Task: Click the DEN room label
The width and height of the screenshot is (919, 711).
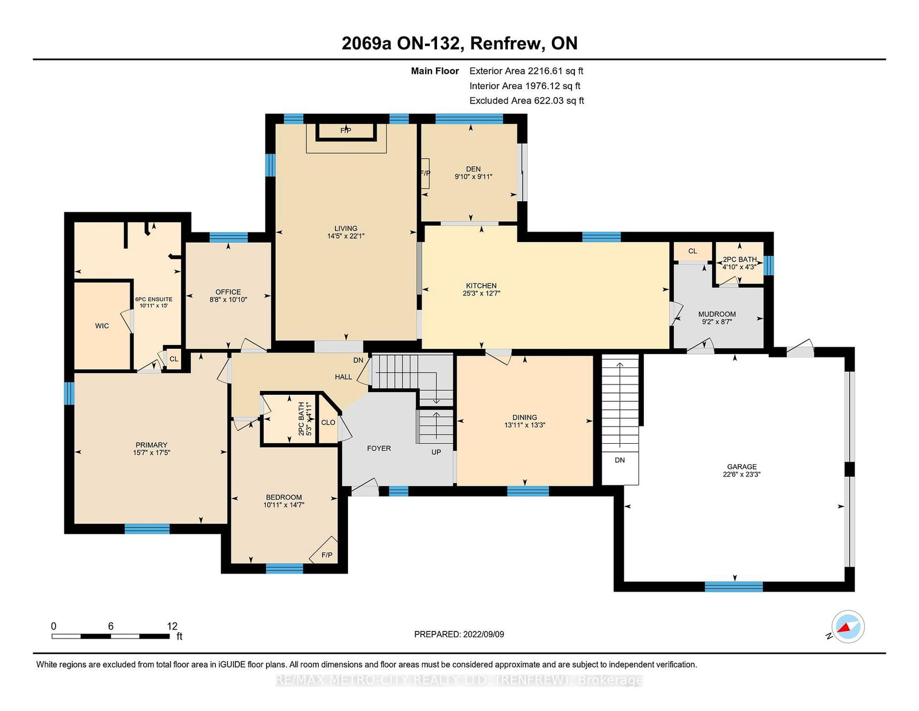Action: coord(473,170)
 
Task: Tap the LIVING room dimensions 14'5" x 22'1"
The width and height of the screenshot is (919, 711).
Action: coord(346,236)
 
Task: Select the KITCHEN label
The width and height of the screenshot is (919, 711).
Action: coord(481,286)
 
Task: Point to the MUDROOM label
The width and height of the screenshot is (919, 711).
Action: coord(717,314)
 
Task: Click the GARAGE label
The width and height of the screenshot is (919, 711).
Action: coord(742,467)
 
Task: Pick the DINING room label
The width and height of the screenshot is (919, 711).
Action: coord(524,417)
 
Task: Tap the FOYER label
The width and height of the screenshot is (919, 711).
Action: coord(379,448)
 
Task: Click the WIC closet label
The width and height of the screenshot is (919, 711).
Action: coord(102,326)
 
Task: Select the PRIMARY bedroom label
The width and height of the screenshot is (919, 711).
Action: coord(152,445)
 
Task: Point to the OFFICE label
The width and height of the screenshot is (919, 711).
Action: coord(228,292)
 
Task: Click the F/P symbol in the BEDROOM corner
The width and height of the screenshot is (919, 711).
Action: coord(327,555)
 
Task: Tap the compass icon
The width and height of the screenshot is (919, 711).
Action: coord(848,627)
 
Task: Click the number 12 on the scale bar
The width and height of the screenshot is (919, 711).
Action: coord(172,626)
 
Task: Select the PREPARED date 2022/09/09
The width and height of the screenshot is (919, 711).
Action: coord(484,635)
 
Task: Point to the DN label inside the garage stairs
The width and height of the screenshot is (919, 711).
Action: coord(620,460)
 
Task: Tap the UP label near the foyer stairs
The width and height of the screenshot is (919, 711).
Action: coord(436,452)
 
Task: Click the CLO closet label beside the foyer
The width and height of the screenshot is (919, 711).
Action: coord(328,422)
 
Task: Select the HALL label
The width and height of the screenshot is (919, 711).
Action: coord(343,377)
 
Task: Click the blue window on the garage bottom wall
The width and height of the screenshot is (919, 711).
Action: coord(733,587)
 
